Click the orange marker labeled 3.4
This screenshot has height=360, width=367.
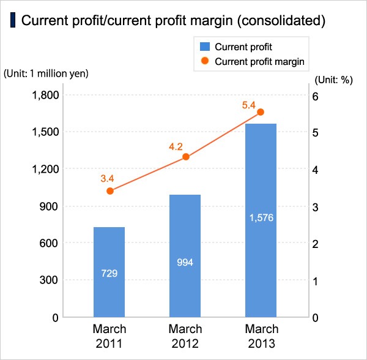[110, 191]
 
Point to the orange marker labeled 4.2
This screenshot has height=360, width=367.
[186, 157]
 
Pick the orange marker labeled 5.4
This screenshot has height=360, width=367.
[260, 112]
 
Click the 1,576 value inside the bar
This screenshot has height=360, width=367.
[261, 218]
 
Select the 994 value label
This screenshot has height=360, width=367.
[185, 262]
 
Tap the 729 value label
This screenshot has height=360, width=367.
[109, 273]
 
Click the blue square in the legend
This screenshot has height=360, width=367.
[205, 46]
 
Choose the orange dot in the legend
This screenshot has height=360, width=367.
[205, 61]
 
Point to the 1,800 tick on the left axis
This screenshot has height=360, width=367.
[44, 96]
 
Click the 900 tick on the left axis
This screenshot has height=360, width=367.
[49, 206]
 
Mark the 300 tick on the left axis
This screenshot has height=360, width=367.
[49, 280]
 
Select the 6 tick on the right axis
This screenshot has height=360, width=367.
[316, 96]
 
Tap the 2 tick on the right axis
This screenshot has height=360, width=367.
[316, 244]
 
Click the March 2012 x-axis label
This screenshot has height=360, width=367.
[185, 336]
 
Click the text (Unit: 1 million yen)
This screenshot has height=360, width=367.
[46, 73]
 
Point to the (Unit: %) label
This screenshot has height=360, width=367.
[334, 80]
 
